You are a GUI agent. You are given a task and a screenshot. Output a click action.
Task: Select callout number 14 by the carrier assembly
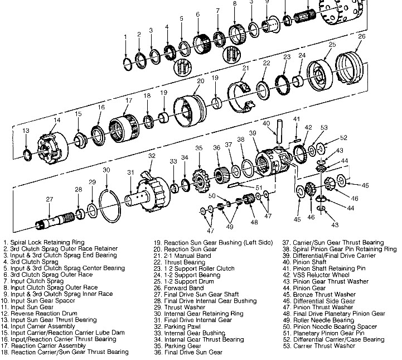click(57, 120)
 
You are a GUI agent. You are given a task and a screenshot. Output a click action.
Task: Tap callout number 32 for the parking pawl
click(151, 156)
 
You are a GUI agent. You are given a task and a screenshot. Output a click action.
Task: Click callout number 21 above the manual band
click(244, 68)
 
